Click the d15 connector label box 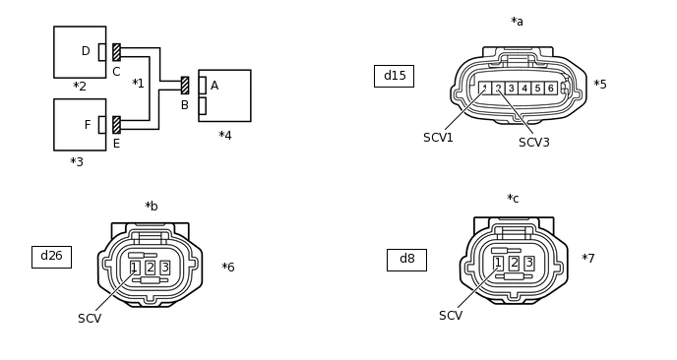point(394,77)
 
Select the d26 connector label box point(51,257)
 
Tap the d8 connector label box point(406,260)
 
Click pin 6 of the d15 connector point(550,89)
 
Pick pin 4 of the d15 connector point(524,89)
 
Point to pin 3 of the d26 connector point(165,268)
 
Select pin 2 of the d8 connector point(514,263)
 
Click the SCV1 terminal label point(438,138)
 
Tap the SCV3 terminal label point(534,143)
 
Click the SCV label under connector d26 point(90,319)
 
